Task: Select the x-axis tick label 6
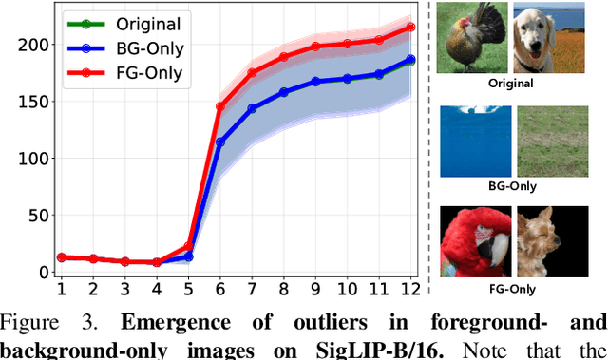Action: click(219, 288)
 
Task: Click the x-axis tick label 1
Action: click(62, 288)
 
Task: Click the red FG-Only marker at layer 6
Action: click(219, 107)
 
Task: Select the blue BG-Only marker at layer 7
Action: click(252, 108)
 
